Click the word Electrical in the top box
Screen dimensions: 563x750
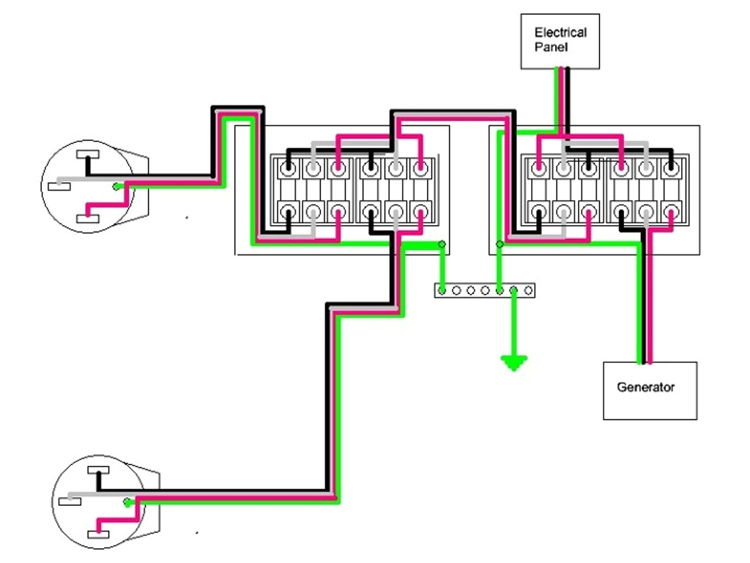point(560,33)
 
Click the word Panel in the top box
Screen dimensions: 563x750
point(547,47)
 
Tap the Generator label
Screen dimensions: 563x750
point(645,387)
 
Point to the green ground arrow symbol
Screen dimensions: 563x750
point(513,362)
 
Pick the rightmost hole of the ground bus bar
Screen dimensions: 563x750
point(528,290)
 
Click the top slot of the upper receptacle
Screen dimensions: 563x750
point(88,155)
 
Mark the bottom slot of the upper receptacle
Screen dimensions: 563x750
point(88,216)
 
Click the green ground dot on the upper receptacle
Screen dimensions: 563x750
point(116,186)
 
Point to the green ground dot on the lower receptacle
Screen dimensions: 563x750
point(127,503)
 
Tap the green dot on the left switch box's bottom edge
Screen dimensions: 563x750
point(440,244)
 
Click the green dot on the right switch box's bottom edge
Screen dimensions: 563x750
point(500,244)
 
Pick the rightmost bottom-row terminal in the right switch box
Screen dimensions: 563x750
point(670,213)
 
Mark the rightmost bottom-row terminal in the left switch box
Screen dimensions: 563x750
point(419,213)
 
